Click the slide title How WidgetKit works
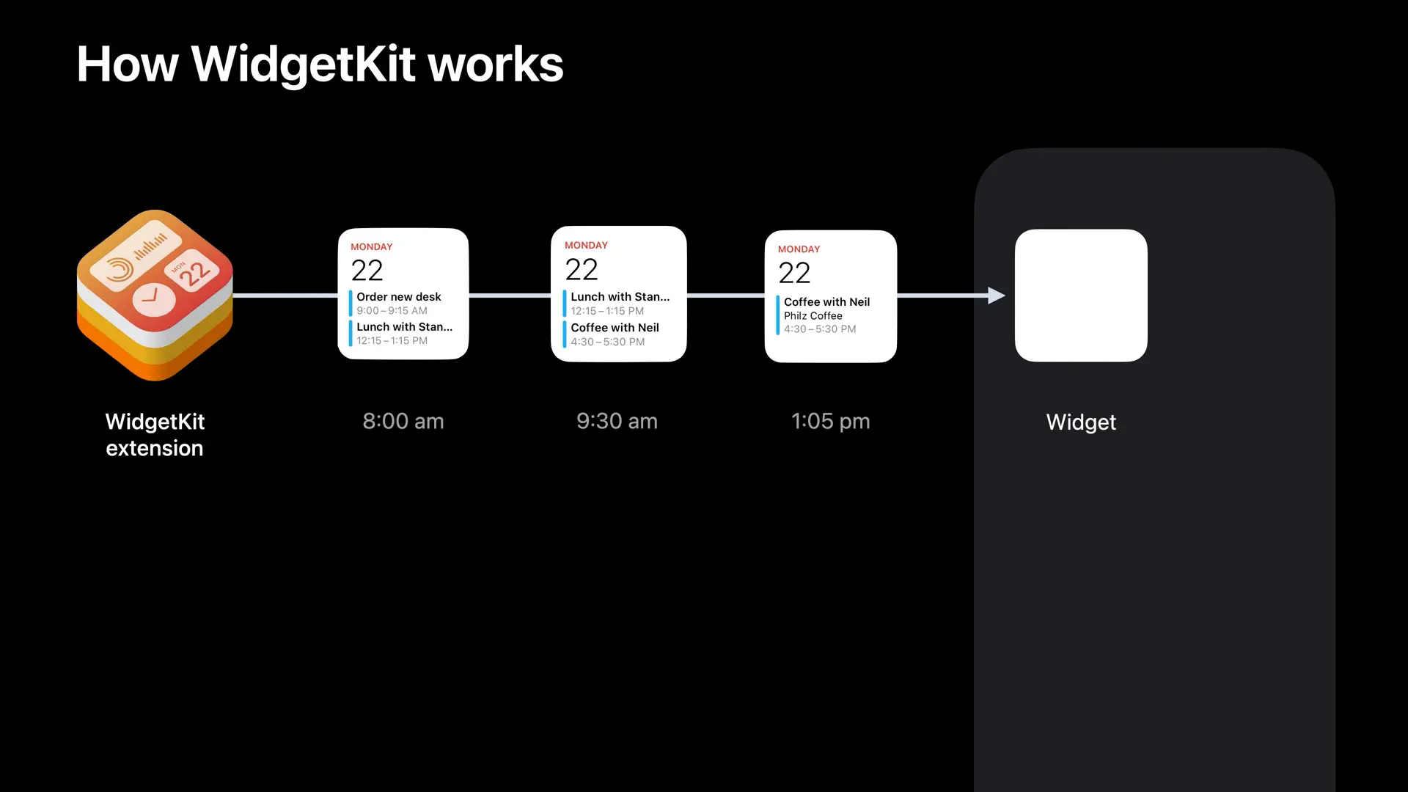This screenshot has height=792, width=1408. coord(320,65)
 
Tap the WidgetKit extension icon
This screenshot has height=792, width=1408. coord(155,295)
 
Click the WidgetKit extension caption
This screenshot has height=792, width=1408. coord(155,435)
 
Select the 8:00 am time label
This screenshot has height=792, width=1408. coord(403,422)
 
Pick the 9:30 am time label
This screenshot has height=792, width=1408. coord(617,422)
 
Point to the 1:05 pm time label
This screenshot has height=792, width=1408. coord(830,422)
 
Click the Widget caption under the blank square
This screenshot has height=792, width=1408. coord(1081,422)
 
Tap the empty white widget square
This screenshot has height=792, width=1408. coord(1081,296)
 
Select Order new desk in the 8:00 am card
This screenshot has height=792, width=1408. coord(399,297)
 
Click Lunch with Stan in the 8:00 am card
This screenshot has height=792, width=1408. coord(404,327)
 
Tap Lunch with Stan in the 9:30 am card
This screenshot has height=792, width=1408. coord(620,297)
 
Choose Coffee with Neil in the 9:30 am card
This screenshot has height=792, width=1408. coord(615,328)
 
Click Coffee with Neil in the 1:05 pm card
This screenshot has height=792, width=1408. coord(826,302)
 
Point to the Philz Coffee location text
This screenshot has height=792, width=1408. coord(813,316)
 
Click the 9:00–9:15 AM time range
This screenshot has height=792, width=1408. coord(392,311)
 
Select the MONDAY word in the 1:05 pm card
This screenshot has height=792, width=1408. coord(799,249)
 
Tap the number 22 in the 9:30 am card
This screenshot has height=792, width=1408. coord(582,270)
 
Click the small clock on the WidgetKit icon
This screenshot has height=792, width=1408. coord(154,298)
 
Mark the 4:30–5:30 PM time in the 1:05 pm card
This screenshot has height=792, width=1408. coord(820,329)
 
